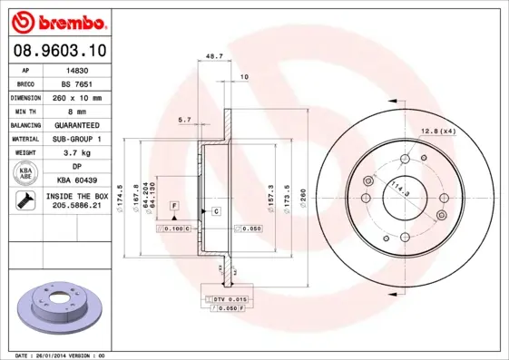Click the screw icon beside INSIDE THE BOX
[x=25, y=200]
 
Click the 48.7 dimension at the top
[x=215, y=56]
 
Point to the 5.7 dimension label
[x=185, y=120]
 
